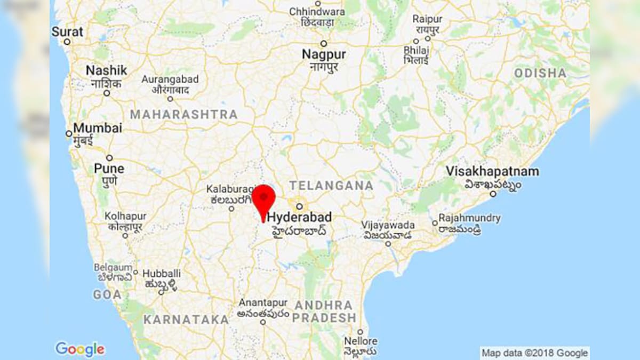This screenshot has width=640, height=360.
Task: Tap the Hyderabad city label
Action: (299, 218)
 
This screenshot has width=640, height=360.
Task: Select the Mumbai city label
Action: (98, 129)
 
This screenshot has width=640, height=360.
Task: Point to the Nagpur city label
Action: (324, 54)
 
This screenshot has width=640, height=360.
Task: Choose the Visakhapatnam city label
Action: (492, 172)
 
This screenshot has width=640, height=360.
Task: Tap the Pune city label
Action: (109, 169)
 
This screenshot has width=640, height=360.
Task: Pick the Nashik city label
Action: (107, 70)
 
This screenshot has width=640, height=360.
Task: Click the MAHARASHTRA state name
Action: (184, 115)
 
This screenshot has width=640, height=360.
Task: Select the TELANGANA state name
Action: (331, 186)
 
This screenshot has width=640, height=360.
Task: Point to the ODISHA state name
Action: (540, 73)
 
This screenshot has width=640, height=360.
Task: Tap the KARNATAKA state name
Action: (186, 320)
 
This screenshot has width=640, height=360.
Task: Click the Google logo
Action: (80, 349)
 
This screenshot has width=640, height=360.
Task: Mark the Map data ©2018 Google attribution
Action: (534, 353)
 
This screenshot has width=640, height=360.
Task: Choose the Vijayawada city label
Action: (388, 225)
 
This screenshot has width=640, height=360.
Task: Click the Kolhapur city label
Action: (125, 217)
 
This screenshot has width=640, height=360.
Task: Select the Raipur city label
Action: (427, 19)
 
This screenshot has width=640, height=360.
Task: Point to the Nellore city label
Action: (361, 341)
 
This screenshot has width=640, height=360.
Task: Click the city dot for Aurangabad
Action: (170, 99)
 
